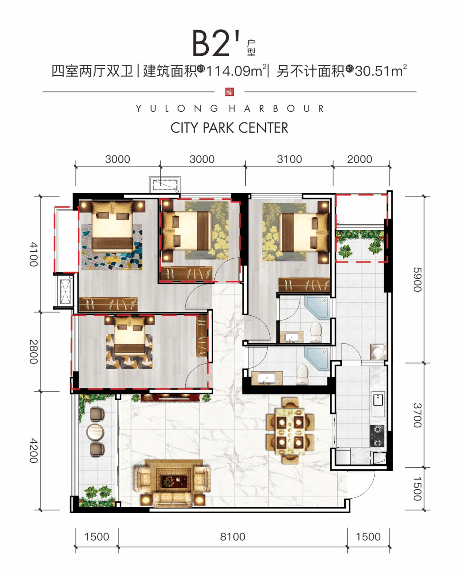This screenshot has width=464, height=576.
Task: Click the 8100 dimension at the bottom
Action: pyautogui.click(x=232, y=536)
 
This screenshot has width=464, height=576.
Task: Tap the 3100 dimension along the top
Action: pyautogui.click(x=289, y=159)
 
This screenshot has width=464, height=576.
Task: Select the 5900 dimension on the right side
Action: pyautogui.click(x=417, y=280)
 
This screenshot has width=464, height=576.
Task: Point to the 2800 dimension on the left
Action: pyautogui.click(x=34, y=351)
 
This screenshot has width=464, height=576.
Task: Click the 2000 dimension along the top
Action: pyautogui.click(x=359, y=159)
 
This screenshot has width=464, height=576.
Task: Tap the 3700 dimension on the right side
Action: pyautogui.click(x=417, y=415)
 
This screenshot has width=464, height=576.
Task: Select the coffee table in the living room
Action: pyautogui.click(x=173, y=482)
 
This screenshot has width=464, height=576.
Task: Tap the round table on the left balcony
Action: pyautogui.click(x=95, y=432)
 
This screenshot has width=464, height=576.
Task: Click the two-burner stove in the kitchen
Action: pyautogui.click(x=378, y=436)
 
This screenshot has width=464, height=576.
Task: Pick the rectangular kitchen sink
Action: pyautogui.click(x=378, y=400)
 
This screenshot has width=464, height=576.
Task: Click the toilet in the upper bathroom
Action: pyautogui.click(x=316, y=332)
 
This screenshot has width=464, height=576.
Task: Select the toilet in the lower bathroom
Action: pyautogui.click(x=303, y=374)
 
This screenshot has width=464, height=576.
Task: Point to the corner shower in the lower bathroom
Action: pyautogui.click(x=317, y=358)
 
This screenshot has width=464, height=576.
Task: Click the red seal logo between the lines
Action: pyautogui.click(x=229, y=91)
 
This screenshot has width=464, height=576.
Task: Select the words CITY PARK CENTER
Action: pyautogui.click(x=229, y=128)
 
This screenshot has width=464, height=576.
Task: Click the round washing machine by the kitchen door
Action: pyautogui.click(x=378, y=352)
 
